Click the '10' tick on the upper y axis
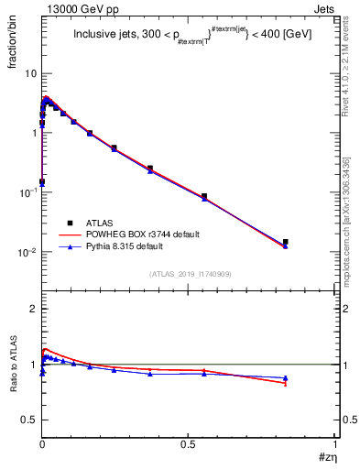(30, 73)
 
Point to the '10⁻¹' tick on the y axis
(27, 192)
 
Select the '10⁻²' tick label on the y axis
(27, 252)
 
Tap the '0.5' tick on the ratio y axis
(29, 420)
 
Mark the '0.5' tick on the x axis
(189, 445)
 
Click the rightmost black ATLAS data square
(286, 242)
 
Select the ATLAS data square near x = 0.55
(204, 196)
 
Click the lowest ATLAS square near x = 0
(42, 181)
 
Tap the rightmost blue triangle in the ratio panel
(286, 377)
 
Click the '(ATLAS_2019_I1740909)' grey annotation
(191, 273)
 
